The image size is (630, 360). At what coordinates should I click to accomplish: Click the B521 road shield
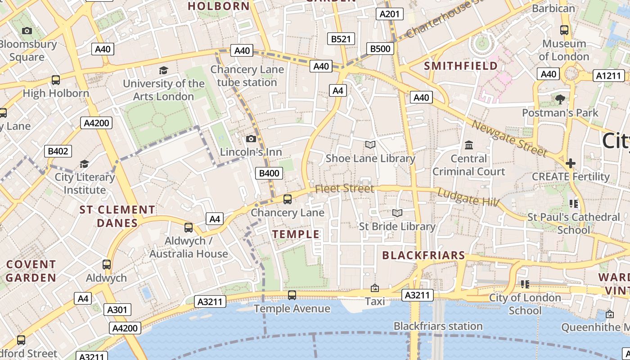(341, 39)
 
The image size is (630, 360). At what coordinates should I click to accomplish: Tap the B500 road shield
(380, 49)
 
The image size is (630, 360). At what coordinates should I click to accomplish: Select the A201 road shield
(389, 14)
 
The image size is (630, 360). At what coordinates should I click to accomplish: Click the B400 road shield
(269, 173)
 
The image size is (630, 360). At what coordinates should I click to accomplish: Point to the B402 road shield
(58, 151)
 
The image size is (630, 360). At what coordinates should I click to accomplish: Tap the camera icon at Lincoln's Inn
(251, 139)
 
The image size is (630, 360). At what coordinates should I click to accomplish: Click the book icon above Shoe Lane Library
(370, 144)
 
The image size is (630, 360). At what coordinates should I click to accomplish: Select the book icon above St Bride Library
(397, 213)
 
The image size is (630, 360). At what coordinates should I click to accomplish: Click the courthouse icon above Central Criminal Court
(468, 145)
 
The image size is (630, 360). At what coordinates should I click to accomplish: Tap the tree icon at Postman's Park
(560, 99)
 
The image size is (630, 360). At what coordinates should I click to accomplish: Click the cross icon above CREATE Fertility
(571, 163)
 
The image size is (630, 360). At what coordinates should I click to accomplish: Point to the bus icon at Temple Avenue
(292, 295)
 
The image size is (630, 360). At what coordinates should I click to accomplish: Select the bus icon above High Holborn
(56, 80)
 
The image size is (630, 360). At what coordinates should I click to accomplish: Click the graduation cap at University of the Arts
(163, 71)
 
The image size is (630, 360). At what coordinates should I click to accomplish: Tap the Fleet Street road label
(344, 189)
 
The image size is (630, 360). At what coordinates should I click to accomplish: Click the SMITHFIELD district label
(461, 66)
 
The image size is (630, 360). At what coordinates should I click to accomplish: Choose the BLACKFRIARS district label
(423, 256)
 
